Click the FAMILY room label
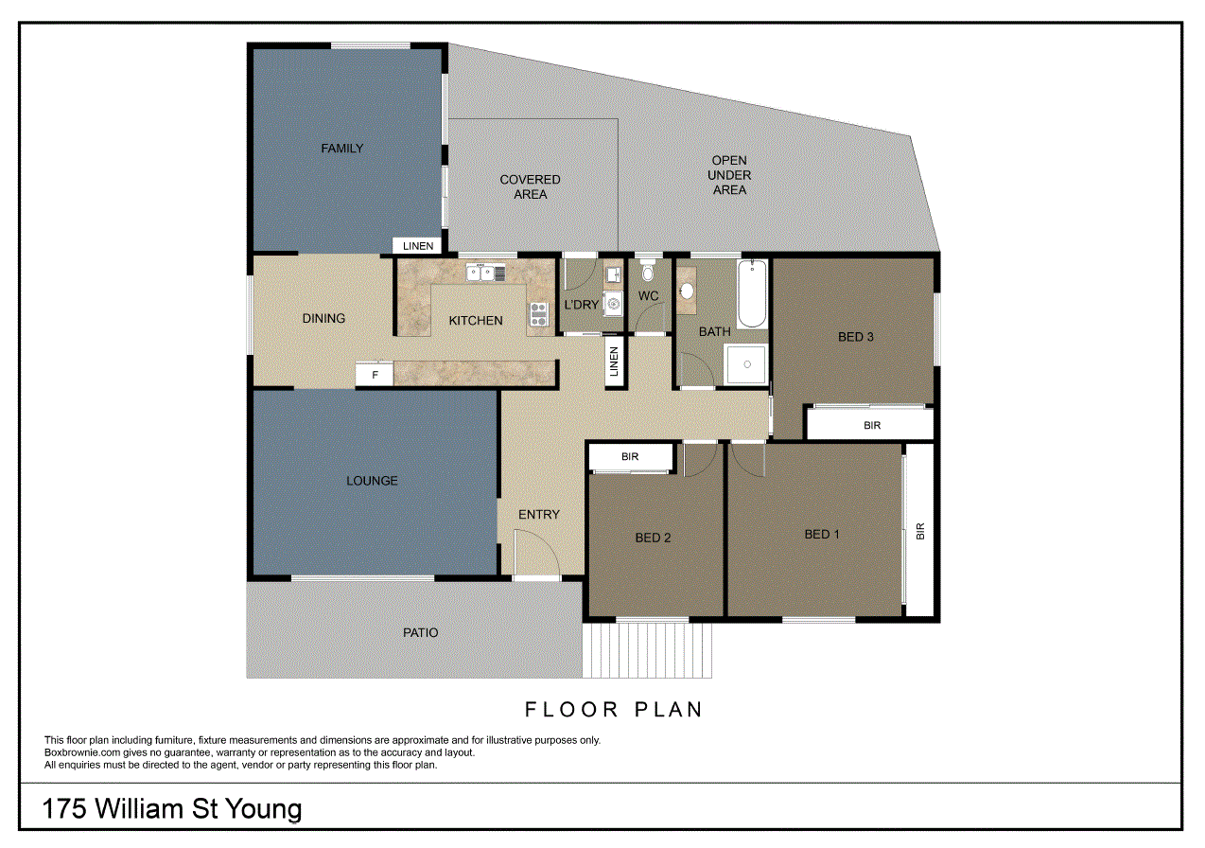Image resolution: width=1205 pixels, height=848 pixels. (341, 149)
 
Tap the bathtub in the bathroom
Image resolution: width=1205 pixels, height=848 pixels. (751, 293)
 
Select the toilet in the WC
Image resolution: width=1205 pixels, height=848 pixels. (648, 273)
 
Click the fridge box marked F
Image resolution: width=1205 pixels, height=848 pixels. (375, 375)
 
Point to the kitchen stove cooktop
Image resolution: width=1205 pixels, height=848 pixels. (538, 313)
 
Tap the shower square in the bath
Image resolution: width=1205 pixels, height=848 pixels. (746, 364)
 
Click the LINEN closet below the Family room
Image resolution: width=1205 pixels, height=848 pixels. (418, 246)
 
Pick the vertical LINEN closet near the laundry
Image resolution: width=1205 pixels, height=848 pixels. (614, 361)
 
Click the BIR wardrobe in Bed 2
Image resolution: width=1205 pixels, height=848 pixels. (630, 457)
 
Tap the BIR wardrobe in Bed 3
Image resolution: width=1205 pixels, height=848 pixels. (871, 425)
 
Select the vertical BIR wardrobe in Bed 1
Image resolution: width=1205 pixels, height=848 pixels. (920, 531)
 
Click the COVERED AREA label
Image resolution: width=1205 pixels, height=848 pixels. (530, 186)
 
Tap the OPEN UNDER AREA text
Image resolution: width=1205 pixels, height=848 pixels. (729, 175)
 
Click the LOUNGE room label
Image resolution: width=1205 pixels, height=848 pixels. (372, 481)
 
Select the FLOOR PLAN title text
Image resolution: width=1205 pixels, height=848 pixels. (614, 709)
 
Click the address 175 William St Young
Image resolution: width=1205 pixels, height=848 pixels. (172, 809)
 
